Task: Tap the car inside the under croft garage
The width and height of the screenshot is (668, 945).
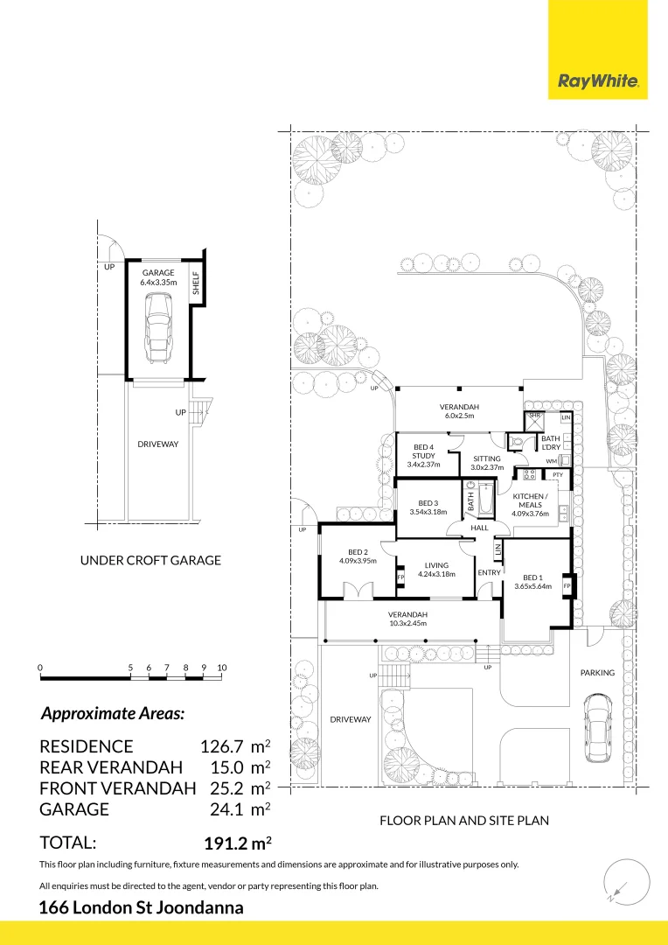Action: tap(157, 326)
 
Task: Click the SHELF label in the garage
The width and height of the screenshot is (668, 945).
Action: tap(196, 283)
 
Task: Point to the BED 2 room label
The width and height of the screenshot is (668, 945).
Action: tap(358, 556)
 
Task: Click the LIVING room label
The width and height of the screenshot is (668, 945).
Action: tap(437, 570)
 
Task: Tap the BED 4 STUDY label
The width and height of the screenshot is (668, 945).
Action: tap(423, 456)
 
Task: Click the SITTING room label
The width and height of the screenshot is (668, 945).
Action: tap(486, 463)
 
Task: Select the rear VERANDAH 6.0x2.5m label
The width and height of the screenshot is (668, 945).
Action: tap(456, 411)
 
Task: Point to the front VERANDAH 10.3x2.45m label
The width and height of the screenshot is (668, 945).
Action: tap(409, 619)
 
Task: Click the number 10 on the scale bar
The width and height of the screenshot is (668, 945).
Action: tap(221, 668)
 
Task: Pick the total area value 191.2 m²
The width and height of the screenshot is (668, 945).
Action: tap(237, 843)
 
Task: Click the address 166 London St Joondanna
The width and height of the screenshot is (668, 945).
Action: tap(142, 907)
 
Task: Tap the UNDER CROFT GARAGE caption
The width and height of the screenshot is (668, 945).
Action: tap(150, 560)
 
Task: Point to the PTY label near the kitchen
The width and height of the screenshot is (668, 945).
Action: tap(557, 475)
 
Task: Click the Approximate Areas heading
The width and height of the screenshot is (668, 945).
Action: tap(113, 713)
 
